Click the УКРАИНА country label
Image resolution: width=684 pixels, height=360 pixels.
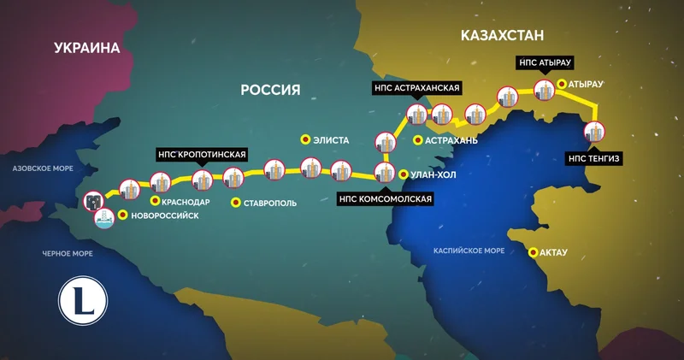[86, 48]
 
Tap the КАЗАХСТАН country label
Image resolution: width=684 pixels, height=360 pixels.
[502, 35]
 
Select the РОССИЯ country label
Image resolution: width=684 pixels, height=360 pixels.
[269, 90]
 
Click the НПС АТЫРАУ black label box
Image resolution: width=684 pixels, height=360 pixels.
[544, 62]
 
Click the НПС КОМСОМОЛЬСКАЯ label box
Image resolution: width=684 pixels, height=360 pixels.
[386, 199]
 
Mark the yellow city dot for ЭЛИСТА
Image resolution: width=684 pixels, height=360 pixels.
[304, 139]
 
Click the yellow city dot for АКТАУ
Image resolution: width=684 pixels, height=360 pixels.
[534, 252]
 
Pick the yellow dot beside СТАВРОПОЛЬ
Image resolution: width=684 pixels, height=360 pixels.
[236, 203]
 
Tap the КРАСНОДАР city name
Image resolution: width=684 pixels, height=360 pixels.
[186, 202]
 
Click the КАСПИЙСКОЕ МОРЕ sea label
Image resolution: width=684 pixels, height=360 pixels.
[469, 251]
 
